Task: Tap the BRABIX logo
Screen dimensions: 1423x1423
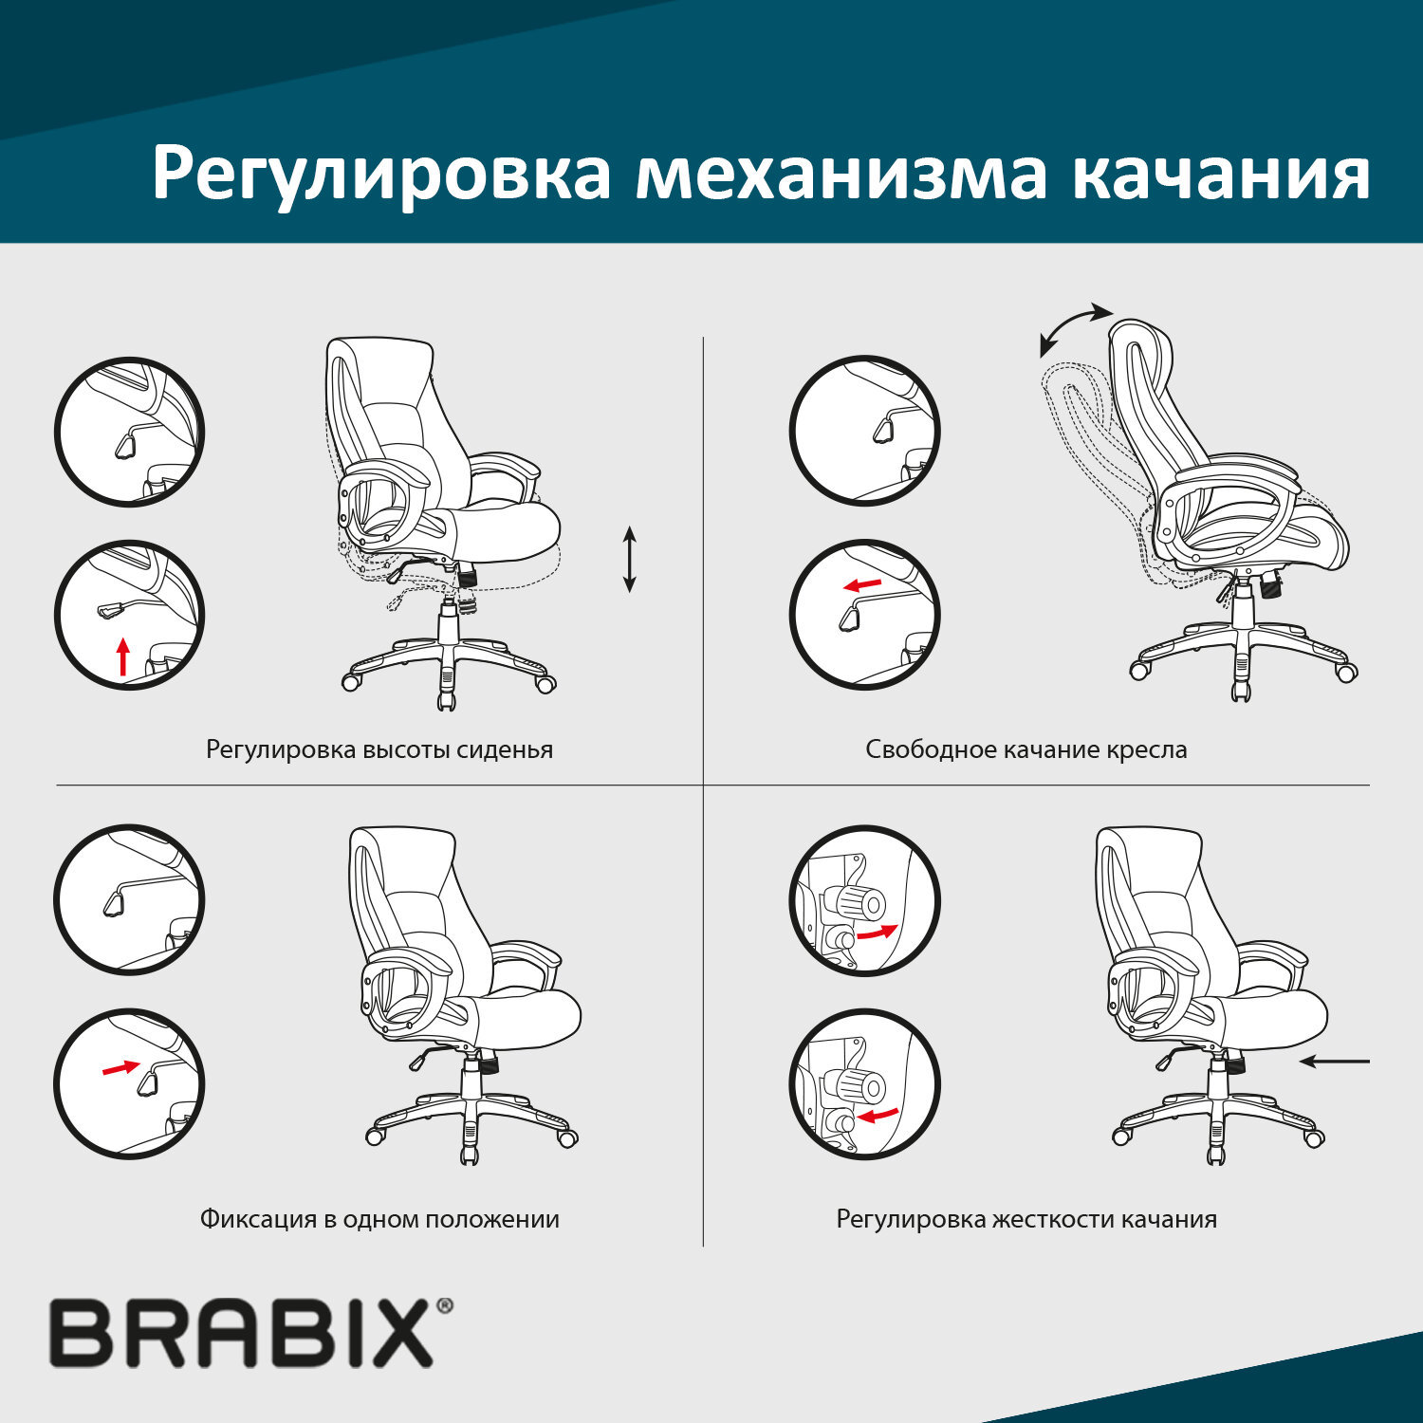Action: (x=242, y=1334)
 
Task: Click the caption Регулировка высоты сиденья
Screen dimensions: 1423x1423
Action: (x=379, y=749)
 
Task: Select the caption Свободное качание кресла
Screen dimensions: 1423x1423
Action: (x=1026, y=749)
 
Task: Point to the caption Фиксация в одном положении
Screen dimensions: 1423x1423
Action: (x=379, y=1219)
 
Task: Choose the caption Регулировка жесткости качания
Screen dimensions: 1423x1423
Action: (x=1026, y=1219)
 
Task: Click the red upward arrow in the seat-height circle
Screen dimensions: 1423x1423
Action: (x=122, y=656)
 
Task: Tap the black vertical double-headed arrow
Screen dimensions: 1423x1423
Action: (x=629, y=560)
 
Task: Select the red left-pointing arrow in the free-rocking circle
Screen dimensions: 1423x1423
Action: (x=862, y=584)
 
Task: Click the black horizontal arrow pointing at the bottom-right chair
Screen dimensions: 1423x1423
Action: (x=1335, y=1062)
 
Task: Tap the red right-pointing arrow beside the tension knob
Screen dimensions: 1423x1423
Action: (x=876, y=933)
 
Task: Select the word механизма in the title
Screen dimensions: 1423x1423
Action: (x=841, y=174)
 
